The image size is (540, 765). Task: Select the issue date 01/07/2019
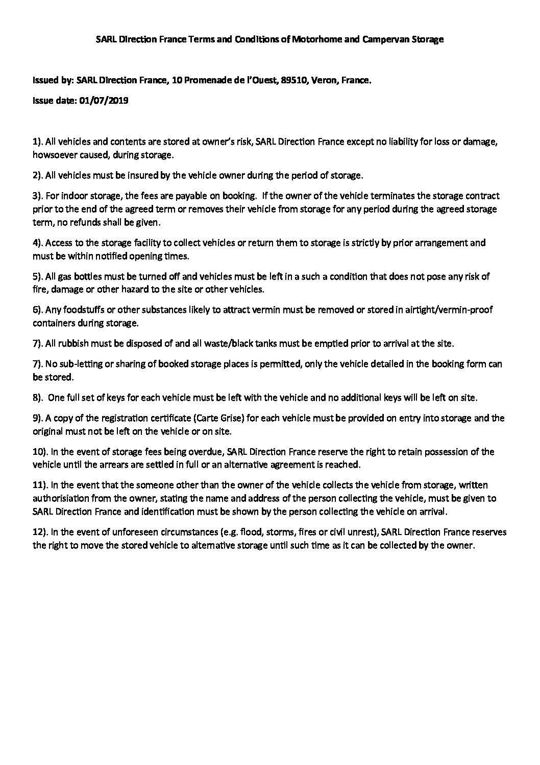pos(104,101)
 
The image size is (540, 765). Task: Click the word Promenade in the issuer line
pos(213,80)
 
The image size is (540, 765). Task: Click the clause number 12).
pos(40,532)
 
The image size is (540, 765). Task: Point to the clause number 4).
pos(38,243)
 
